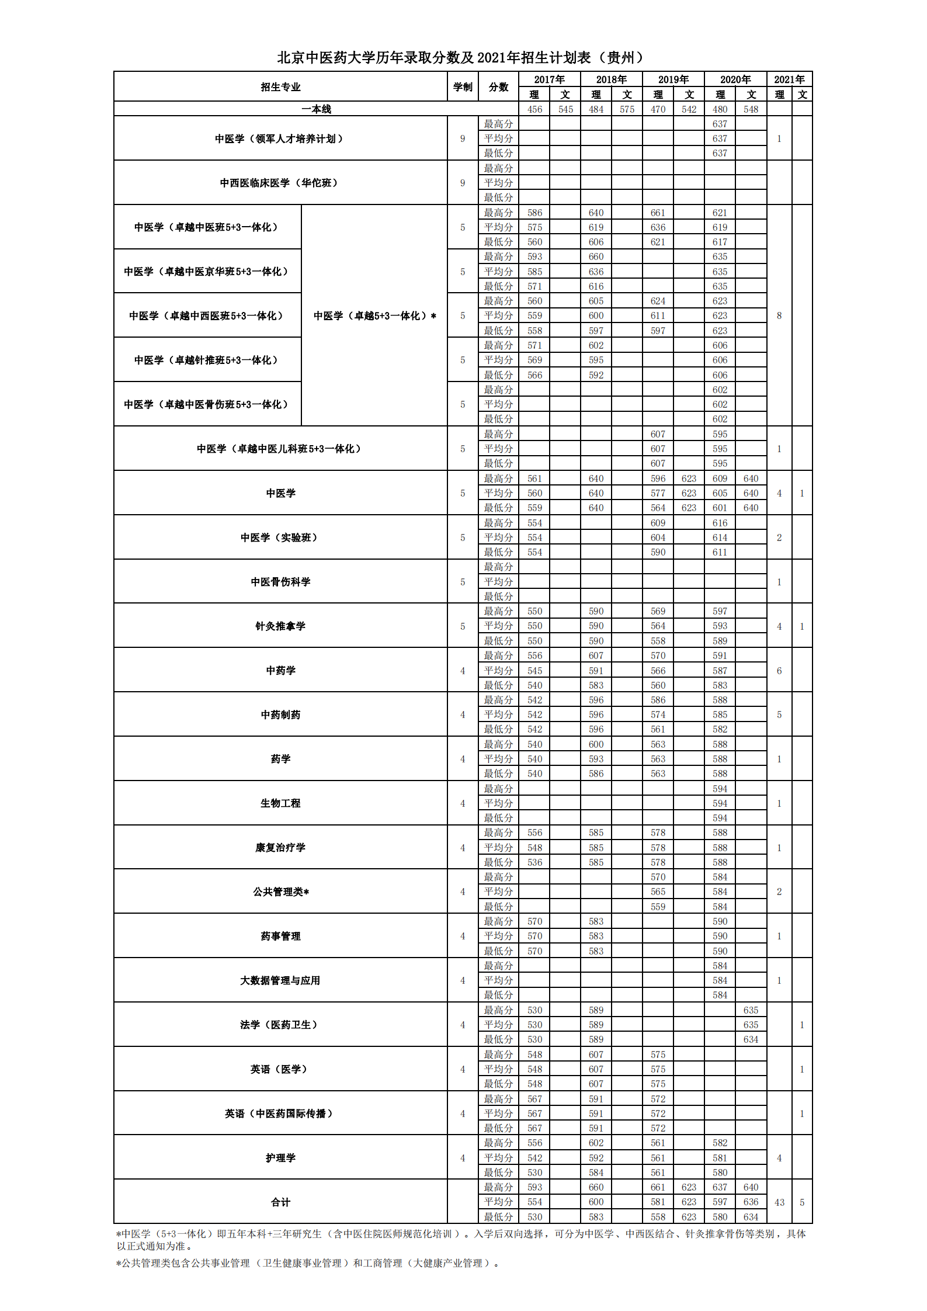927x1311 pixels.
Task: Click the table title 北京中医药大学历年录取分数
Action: click(461, 57)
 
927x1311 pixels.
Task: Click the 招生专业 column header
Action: click(280, 87)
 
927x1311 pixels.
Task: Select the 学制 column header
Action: click(463, 87)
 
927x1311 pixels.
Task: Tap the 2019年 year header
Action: click(673, 79)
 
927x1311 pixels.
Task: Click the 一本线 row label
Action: click(316, 109)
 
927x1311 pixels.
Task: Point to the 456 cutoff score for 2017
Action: click(534, 109)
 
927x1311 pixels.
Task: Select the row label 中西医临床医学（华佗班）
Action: click(280, 183)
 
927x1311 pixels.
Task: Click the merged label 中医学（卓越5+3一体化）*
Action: click(374, 315)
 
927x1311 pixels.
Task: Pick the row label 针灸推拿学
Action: click(280, 626)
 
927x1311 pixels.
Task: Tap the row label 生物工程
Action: click(280, 803)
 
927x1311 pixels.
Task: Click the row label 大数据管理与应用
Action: click(280, 980)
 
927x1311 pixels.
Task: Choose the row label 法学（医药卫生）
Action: click(280, 1025)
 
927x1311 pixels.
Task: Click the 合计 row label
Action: click(280, 1202)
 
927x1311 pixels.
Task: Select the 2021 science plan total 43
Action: click(779, 1202)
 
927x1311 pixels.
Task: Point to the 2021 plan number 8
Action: click(779, 315)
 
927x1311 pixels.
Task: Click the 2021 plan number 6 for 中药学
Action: click(779, 671)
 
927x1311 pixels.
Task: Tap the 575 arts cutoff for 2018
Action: click(627, 109)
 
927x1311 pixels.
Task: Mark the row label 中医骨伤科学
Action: click(280, 582)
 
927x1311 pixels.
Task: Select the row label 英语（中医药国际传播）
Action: click(280, 1114)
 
